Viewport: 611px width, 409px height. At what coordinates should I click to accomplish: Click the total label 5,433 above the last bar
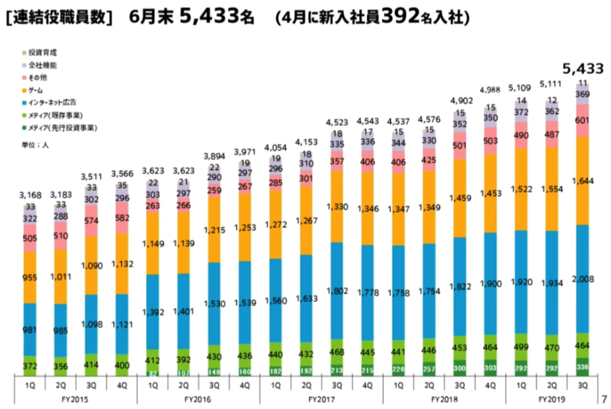[582, 69]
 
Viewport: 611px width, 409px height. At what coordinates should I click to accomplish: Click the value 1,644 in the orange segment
[583, 183]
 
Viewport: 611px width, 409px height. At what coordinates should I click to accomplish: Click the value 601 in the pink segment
[583, 121]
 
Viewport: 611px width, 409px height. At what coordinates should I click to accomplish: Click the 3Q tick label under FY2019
[583, 384]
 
